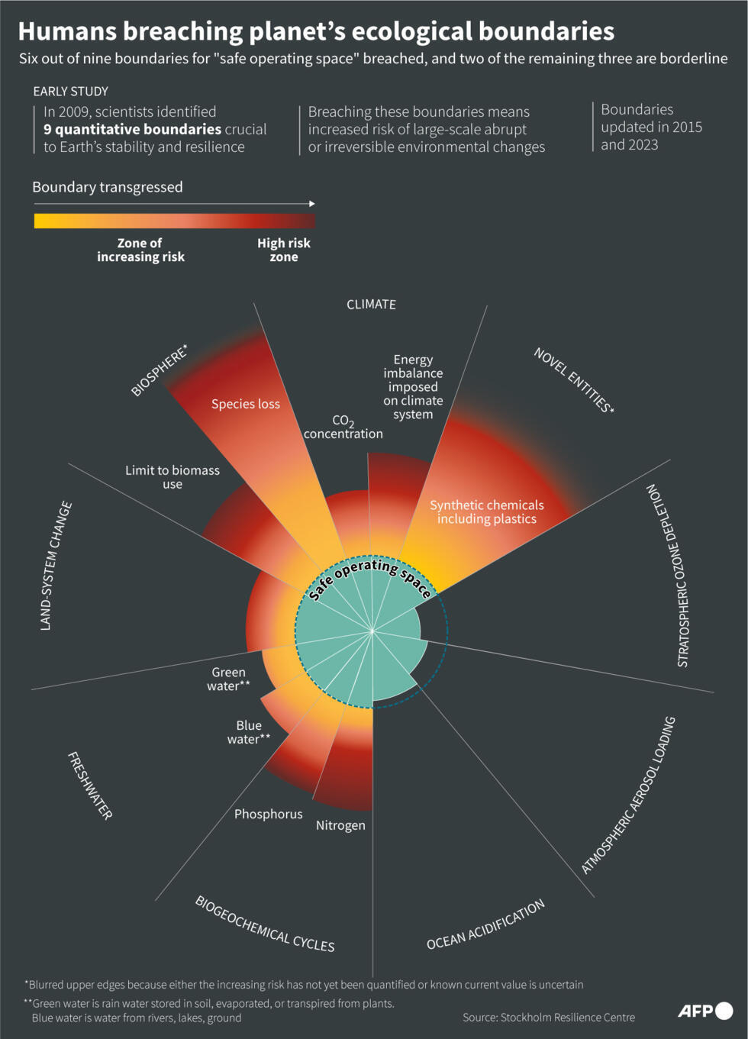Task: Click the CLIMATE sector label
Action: point(371,304)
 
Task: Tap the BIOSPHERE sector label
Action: point(159,370)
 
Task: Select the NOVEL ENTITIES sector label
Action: point(573,379)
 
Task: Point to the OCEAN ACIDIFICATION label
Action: point(485,924)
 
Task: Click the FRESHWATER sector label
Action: point(90,786)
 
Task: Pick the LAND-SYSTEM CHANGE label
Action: point(56,566)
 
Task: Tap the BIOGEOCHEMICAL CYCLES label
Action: point(265,924)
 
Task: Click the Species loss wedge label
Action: point(246,404)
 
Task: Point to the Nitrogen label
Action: point(340,825)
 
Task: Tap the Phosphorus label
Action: point(268,814)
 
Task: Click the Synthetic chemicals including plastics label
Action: point(487,511)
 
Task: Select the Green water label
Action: point(228,679)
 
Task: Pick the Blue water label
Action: point(248,732)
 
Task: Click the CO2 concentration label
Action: point(343,427)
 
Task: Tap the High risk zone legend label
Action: point(284,250)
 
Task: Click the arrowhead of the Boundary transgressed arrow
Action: point(311,204)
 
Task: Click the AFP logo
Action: point(704,1011)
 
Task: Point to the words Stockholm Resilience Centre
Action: point(568,1017)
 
